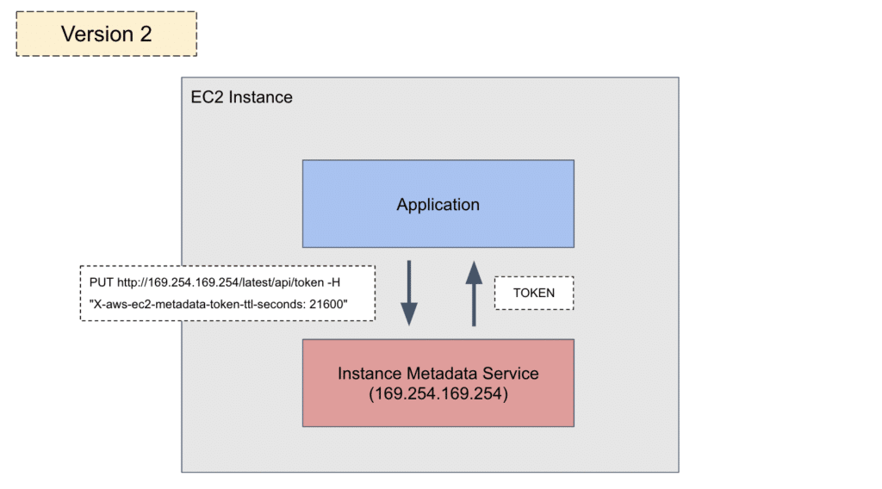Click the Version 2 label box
106,34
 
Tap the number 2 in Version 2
146,34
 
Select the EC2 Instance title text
241,97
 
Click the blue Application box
438,204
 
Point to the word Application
438,205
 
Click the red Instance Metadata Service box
438,383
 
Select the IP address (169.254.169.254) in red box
438,393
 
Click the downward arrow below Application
409,293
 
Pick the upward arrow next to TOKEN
475,294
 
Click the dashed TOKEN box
534,293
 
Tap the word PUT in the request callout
102,282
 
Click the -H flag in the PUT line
333,282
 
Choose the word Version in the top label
97,34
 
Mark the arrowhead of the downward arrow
409,314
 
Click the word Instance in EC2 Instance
261,97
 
